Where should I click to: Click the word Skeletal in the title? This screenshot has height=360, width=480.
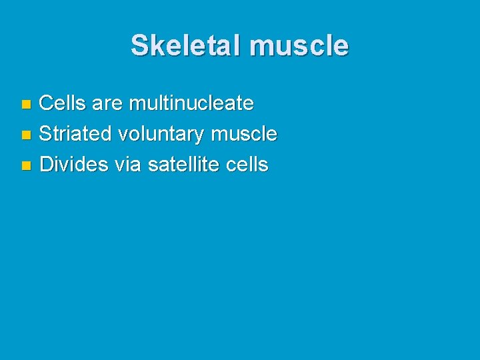[x=186, y=45]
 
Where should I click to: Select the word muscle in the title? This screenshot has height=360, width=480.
[x=298, y=45]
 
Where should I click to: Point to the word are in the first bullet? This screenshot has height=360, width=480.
[x=107, y=103]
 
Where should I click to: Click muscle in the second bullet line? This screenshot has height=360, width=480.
[x=244, y=134]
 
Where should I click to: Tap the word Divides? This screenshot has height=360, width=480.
[x=74, y=165]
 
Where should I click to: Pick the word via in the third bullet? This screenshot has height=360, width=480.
[x=128, y=165]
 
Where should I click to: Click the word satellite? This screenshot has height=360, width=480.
[x=183, y=165]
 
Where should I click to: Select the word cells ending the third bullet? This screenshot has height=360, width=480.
[x=246, y=165]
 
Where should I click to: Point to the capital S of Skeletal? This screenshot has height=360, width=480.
[x=139, y=45]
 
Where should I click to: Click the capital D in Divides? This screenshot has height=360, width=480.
[x=47, y=165]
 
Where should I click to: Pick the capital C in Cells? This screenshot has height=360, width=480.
[x=47, y=103]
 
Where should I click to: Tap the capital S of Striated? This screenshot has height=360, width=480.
[x=46, y=134]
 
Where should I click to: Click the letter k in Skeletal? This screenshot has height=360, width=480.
[x=155, y=45]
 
